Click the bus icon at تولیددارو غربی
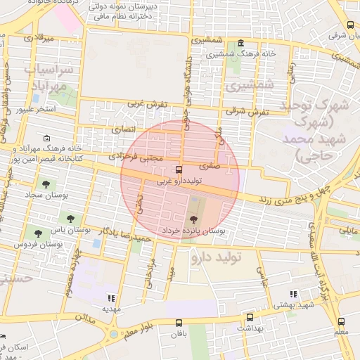(x=179, y=169)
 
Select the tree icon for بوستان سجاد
(x=46, y=184)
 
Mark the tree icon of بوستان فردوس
(x=37, y=232)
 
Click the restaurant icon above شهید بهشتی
(x=292, y=294)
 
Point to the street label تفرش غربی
(x=147, y=104)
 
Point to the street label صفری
(x=209, y=167)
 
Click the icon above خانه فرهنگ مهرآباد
(x=47, y=138)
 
